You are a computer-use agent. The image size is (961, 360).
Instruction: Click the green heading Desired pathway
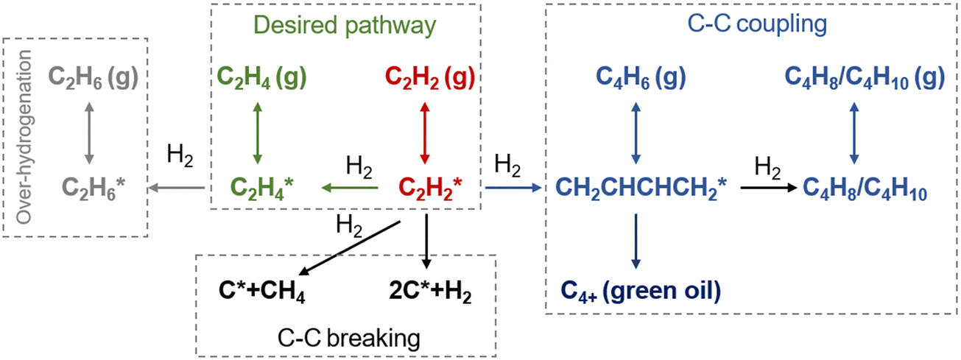click(345, 26)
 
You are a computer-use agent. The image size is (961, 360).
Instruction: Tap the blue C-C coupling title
click(757, 24)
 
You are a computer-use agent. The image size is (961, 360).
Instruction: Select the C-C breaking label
click(349, 338)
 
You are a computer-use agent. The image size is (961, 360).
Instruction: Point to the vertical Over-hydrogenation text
click(24, 137)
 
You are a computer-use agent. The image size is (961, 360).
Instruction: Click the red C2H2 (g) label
click(430, 77)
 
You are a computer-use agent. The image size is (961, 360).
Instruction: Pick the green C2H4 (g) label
click(261, 77)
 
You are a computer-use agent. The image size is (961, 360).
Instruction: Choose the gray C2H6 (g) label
click(93, 77)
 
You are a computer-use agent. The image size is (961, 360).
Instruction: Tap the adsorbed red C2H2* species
click(430, 188)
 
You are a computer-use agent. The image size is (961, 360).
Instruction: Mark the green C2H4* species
click(261, 188)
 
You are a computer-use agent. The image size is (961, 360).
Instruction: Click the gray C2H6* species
click(94, 188)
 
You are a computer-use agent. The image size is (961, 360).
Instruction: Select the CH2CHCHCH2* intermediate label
click(641, 188)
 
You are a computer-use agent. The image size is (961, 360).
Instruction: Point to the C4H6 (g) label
click(641, 77)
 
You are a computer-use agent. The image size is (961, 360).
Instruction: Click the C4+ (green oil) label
click(641, 292)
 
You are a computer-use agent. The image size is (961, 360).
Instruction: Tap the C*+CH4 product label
click(261, 292)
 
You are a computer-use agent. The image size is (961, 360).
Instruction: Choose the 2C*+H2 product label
click(430, 292)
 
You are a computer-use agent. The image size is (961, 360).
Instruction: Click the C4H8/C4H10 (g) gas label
click(865, 77)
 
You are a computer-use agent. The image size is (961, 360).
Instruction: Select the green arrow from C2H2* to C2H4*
click(350, 188)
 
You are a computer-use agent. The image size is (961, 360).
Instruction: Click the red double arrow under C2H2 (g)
click(425, 133)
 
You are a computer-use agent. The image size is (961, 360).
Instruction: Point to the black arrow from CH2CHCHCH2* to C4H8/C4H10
click(769, 188)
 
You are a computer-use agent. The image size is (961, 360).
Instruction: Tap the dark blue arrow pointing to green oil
click(636, 241)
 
